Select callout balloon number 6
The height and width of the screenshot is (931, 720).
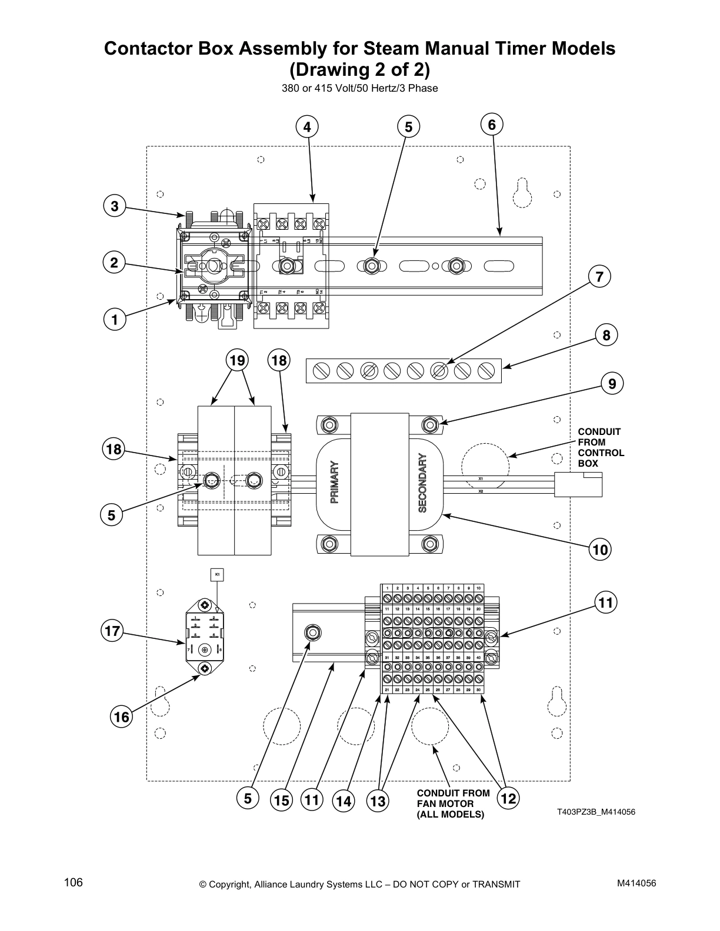(492, 125)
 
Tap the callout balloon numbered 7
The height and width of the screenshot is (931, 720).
(599, 277)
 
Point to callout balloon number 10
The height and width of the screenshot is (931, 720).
(600, 550)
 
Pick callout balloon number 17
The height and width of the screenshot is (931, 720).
(112, 632)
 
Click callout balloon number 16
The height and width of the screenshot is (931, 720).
(122, 717)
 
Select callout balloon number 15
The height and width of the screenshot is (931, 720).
(281, 801)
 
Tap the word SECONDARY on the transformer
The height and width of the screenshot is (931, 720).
(422, 483)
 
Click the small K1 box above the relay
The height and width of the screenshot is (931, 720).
(217, 574)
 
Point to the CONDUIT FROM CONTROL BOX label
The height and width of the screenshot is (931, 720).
(600, 447)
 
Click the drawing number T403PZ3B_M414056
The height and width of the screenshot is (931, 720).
(596, 812)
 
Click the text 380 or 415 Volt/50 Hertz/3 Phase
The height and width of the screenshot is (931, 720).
(359, 89)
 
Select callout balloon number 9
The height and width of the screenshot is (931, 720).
(612, 384)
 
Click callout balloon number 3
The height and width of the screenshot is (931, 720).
(115, 206)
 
